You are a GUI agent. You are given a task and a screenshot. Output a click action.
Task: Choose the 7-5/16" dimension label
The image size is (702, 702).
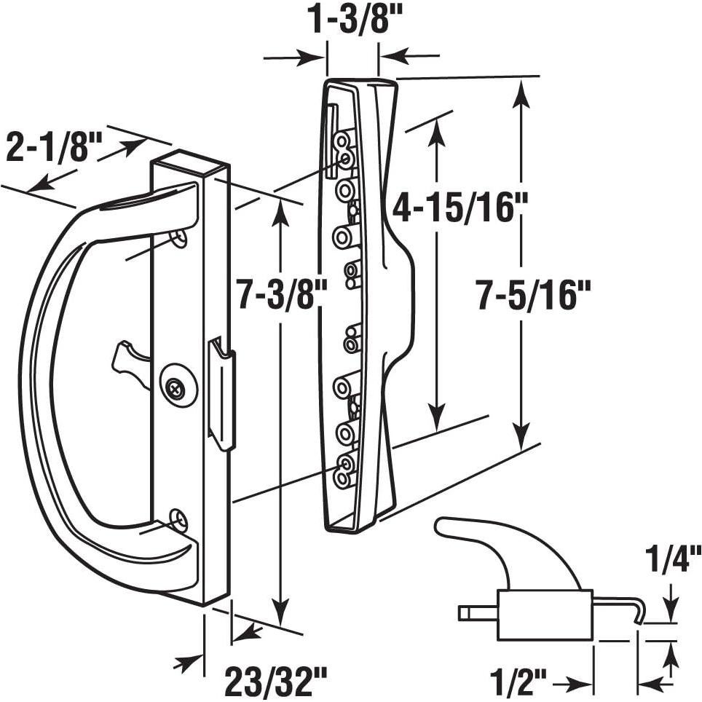(x=532, y=295)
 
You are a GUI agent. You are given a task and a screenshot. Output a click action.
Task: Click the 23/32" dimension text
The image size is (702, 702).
(x=270, y=683)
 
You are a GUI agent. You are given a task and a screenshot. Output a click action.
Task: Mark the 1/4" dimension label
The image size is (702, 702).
(x=672, y=563)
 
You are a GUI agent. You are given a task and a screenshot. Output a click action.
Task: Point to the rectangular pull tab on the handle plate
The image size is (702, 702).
(x=221, y=393)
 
